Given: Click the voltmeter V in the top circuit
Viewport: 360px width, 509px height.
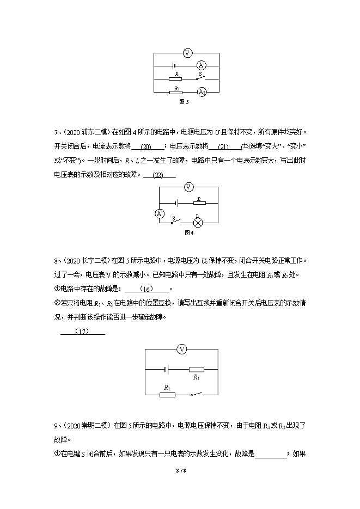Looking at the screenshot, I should point(187,53).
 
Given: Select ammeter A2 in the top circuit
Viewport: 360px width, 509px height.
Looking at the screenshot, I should point(201,91).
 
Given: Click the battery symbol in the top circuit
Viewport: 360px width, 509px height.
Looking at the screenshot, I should point(170,66).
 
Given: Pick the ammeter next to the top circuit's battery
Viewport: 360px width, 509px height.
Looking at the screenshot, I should point(200,66).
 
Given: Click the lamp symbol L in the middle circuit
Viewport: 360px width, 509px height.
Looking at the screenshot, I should point(199,222).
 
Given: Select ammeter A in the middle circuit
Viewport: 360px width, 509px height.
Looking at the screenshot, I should point(160,214).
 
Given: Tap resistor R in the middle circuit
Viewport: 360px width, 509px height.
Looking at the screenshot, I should point(199,204).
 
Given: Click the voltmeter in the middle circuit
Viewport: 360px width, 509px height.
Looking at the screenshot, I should point(189,187).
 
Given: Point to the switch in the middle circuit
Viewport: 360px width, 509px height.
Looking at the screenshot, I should point(175,222).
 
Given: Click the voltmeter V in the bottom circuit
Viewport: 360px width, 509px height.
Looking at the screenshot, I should point(182,349).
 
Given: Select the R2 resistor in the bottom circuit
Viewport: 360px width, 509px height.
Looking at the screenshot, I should point(168,394).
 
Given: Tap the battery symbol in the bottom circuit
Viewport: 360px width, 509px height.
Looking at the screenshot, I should point(167,369).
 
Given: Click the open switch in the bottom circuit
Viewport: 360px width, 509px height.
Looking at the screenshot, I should point(196,393).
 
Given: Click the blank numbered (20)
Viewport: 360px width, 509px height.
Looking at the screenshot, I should point(146,147).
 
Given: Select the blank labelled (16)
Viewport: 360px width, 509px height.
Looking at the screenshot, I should point(148,289).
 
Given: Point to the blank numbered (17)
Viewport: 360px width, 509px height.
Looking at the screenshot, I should point(82,332).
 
